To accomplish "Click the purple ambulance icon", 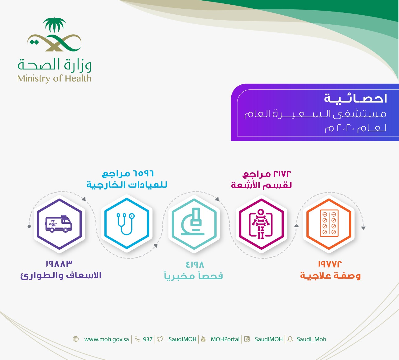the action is [x=59, y=223].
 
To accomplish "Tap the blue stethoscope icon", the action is [x=126, y=224].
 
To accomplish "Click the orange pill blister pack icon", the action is [x=329, y=223].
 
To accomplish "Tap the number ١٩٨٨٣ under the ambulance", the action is [x=59, y=264].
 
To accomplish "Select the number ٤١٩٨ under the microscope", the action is [x=195, y=265].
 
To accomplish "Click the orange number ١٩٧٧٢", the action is [x=329, y=264].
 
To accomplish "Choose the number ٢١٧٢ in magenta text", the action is [x=282, y=174].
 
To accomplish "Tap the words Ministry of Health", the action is [x=54, y=79].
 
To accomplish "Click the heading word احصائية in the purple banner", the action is [x=355, y=98].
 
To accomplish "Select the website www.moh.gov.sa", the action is [x=107, y=339].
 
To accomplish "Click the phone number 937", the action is [x=147, y=339].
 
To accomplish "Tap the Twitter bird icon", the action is [x=160, y=339].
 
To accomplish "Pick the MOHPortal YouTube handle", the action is [x=225, y=339].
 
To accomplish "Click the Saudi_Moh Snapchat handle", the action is [x=311, y=339].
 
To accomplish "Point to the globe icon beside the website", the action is [x=76, y=339].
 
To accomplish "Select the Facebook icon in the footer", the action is [x=247, y=339].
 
